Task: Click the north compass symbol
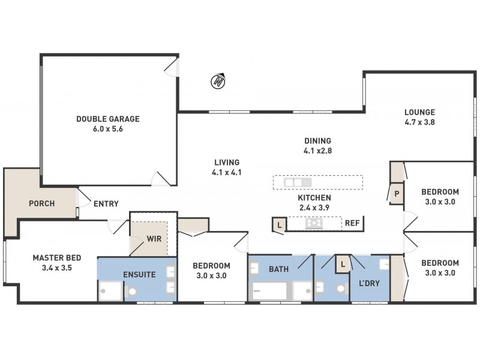coord(219,81)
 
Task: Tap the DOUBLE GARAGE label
coord(108,119)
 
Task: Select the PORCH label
coord(42,203)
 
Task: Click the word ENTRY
coord(106,204)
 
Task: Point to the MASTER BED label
coord(57,258)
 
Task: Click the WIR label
coord(154,238)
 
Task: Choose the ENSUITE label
coord(139,275)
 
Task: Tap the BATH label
coord(278,269)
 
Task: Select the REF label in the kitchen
coord(352,223)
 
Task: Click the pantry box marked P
coord(397,194)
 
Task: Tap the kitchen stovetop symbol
coord(314,224)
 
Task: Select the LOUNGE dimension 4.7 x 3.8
coord(419,122)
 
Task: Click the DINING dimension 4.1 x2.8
coord(318,151)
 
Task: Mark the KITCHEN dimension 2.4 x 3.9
coord(314,207)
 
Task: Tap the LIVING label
coord(226,162)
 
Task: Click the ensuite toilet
coord(133,292)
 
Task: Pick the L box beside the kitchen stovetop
coord(279,224)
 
